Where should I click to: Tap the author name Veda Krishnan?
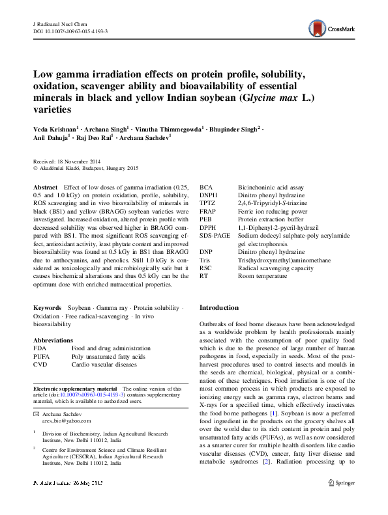pyautogui.click(x=56, y=128)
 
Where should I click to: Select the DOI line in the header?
pyautogui.click(x=70, y=31)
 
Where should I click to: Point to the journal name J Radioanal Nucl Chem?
pyautogui.click(x=61, y=23)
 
